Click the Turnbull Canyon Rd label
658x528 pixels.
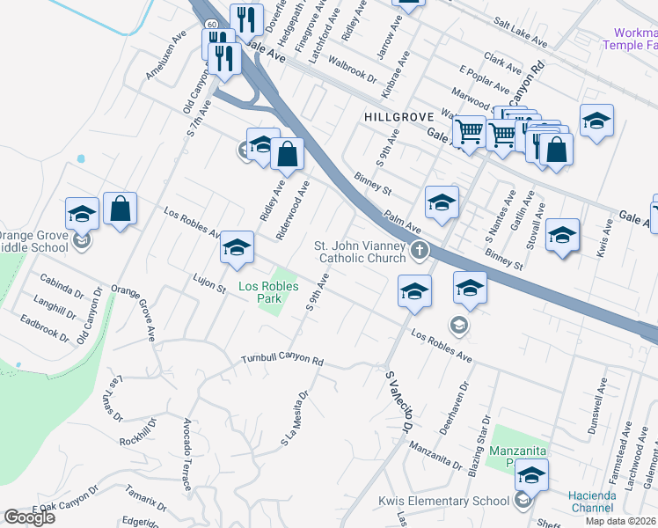click(283, 361)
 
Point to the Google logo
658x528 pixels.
click(29, 517)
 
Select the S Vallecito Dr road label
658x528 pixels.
click(398, 400)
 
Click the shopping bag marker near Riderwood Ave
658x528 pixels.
click(287, 155)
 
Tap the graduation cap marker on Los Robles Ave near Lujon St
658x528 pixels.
click(237, 249)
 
